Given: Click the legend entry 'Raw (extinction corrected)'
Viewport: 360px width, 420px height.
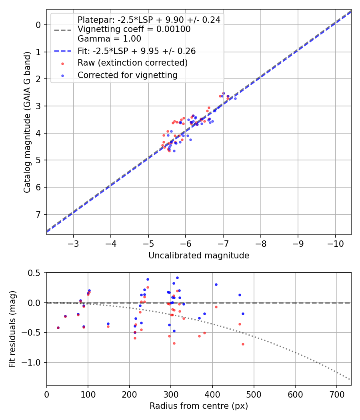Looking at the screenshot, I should pyautogui.click(x=132, y=63).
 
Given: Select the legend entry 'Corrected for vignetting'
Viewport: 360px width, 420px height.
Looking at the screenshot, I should pyautogui.click(x=127, y=75).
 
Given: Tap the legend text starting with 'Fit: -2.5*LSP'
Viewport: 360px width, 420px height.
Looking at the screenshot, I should pyautogui.click(x=136, y=51).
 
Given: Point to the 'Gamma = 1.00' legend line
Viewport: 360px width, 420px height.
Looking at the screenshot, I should pyautogui.click(x=109, y=39).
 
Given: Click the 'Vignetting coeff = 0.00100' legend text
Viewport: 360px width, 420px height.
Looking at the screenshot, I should pyautogui.click(x=134, y=29).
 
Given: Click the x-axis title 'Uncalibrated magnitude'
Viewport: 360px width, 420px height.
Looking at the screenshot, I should pyautogui.click(x=199, y=256).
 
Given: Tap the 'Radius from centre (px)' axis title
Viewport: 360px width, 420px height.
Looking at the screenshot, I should pyautogui.click(x=199, y=406).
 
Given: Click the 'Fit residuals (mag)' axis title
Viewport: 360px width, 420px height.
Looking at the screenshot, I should pyautogui.click(x=12, y=329).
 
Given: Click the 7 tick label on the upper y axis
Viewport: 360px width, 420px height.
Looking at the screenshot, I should pyautogui.click(x=39, y=215).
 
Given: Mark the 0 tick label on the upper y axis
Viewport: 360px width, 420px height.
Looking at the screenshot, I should pyautogui.click(x=39, y=25).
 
